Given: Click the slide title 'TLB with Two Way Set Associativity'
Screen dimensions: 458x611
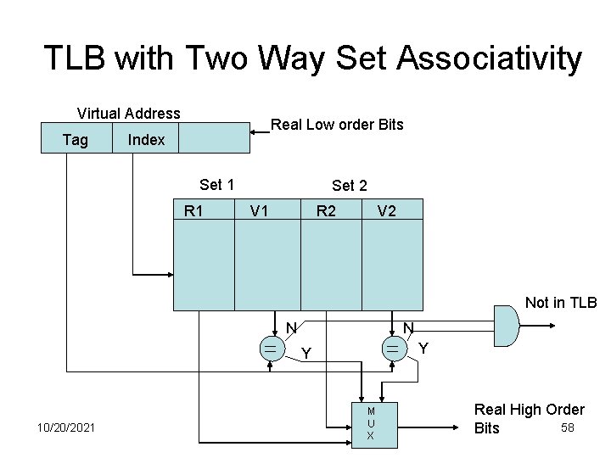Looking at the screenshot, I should click(312, 59).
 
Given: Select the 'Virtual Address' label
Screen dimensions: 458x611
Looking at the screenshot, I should click(128, 113).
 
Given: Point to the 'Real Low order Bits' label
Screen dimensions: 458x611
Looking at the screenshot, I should click(337, 125).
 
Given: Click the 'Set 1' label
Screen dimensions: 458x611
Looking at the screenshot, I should click(216, 184).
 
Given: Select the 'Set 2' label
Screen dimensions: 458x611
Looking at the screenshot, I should click(350, 185).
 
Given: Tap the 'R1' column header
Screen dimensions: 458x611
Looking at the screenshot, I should click(193, 210).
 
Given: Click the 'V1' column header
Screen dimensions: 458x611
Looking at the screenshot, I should click(259, 210).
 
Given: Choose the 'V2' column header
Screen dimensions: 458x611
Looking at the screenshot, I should click(386, 210).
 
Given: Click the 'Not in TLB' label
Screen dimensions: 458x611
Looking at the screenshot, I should click(561, 303).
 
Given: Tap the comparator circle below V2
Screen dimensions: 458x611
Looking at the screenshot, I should click(393, 349).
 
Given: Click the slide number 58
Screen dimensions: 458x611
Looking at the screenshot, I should click(569, 427).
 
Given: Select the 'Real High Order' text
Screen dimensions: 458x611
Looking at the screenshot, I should click(529, 411).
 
